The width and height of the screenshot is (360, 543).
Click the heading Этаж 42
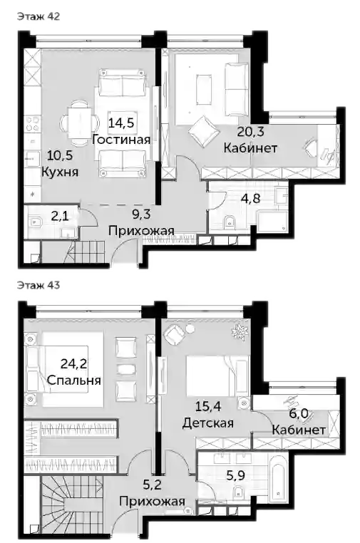pyautogui.click(x=38, y=16)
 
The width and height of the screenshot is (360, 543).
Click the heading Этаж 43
pyautogui.click(x=38, y=285)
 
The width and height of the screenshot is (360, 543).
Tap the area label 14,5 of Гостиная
pyautogui.click(x=121, y=123)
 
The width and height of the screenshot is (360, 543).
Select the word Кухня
pyautogui.click(x=60, y=172)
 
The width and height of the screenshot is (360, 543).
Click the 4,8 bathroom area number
pyautogui.click(x=251, y=199)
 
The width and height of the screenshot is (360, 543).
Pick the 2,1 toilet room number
pyautogui.click(x=60, y=217)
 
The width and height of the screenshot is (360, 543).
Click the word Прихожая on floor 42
pyautogui.click(x=141, y=230)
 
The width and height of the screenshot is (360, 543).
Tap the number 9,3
pyautogui.click(x=141, y=214)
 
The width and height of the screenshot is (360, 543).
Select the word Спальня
pyautogui.click(x=74, y=381)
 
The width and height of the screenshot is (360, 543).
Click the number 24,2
pyautogui.click(x=74, y=363)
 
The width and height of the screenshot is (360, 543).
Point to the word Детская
pyautogui.click(x=208, y=423)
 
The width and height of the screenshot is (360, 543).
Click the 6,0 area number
pyautogui.click(x=299, y=413)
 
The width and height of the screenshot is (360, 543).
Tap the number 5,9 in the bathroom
pyautogui.click(x=236, y=475)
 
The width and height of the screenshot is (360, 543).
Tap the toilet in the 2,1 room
pyautogui.click(x=35, y=220)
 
